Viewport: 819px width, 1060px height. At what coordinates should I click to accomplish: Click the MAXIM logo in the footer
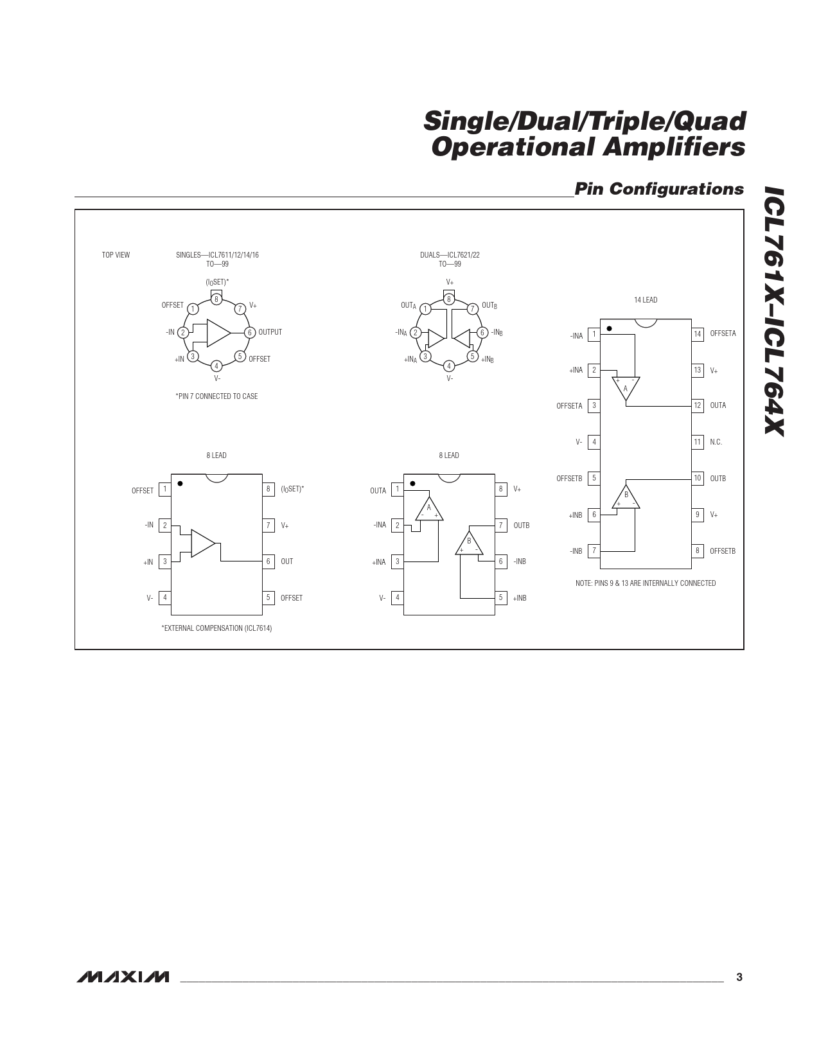(x=123, y=977)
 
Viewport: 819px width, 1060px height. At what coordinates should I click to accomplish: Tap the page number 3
(x=739, y=977)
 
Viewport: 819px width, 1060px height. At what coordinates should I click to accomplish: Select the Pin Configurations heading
(x=659, y=189)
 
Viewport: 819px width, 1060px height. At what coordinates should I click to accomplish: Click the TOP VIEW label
(x=116, y=254)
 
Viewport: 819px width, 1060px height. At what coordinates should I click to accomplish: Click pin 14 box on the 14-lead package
(x=698, y=334)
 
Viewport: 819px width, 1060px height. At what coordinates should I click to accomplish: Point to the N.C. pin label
(x=716, y=442)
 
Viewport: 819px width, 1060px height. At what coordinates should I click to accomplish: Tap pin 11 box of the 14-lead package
(x=698, y=442)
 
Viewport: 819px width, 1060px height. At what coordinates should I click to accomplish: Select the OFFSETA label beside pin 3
(x=569, y=406)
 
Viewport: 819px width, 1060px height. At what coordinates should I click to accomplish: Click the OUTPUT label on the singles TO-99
(x=270, y=332)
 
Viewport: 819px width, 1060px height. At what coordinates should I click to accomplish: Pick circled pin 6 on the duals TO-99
(x=482, y=333)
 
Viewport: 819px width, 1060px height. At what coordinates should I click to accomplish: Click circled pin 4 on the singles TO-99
(x=216, y=366)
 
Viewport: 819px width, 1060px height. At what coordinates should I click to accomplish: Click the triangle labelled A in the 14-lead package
(x=626, y=388)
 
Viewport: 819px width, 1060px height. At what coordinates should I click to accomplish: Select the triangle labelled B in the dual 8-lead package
(x=470, y=543)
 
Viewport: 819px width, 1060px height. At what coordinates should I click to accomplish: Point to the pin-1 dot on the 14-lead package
(x=609, y=328)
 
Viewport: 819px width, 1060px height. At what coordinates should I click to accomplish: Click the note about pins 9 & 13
(x=646, y=583)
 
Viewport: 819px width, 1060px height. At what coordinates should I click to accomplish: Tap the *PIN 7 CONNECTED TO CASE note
(x=216, y=396)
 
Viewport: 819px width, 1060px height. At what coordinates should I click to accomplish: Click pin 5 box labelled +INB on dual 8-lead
(x=500, y=597)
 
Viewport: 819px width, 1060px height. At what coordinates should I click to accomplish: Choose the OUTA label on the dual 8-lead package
(x=378, y=491)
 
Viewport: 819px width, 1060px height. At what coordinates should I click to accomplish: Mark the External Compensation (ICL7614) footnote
(x=216, y=628)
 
